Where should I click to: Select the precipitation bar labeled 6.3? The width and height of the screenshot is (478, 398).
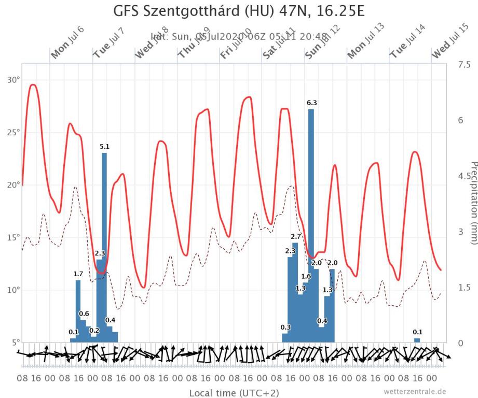click(311, 225)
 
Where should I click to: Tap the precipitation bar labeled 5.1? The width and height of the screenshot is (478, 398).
click(104, 247)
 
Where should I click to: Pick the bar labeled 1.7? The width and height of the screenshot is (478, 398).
click(78, 311)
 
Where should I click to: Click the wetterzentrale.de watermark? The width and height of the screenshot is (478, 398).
click(415, 391)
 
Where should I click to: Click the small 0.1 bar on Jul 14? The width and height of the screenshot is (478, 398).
click(417, 340)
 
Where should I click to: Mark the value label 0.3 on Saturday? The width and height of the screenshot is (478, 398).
click(285, 327)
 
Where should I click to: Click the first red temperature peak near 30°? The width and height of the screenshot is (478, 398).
click(33, 84)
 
